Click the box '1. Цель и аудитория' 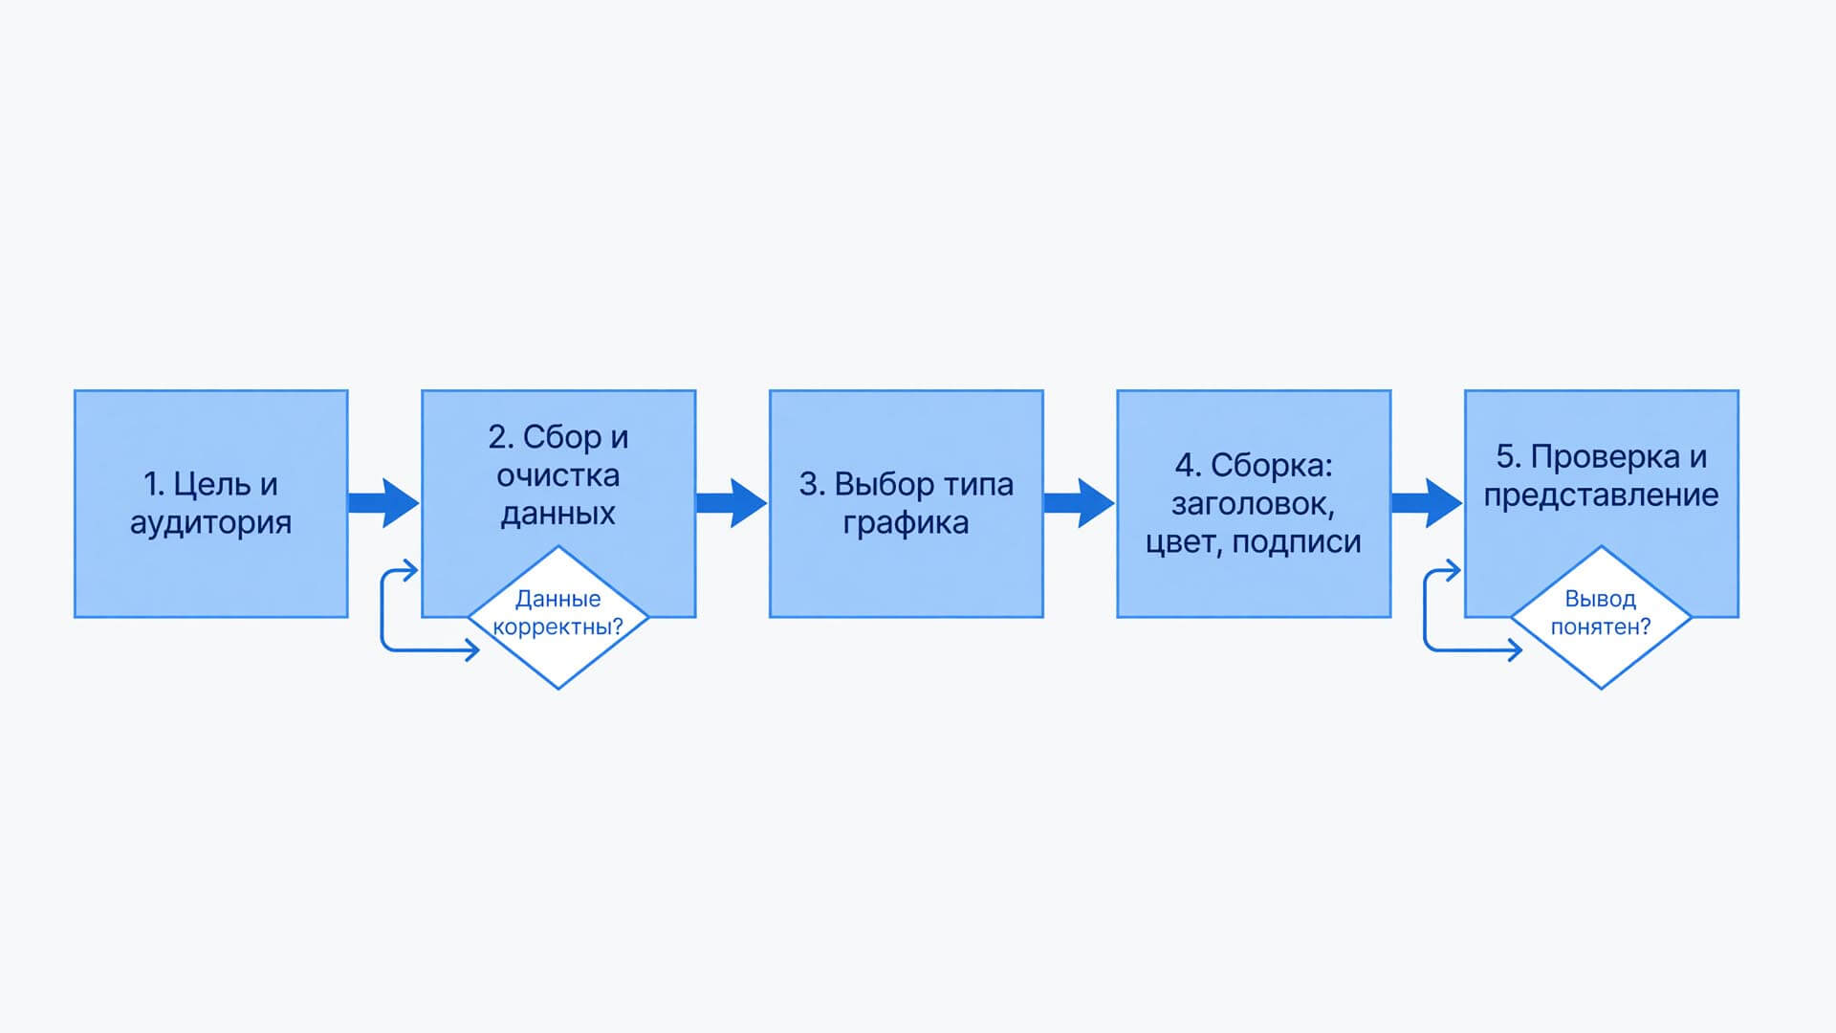tap(211, 503)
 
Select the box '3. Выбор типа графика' tap(907, 503)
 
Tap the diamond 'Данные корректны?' tap(558, 617)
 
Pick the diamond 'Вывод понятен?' tap(1602, 617)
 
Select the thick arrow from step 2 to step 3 tap(732, 503)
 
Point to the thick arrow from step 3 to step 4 tap(1080, 503)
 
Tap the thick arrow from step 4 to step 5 tap(1427, 503)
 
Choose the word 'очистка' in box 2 tap(558, 475)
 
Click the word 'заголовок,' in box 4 tap(1254, 504)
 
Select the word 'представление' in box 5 tap(1602, 495)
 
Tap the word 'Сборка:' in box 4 tap(1272, 466)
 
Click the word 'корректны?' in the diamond tap(558, 627)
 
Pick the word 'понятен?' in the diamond tap(1602, 627)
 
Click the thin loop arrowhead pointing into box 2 tap(410, 571)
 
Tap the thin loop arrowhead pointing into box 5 tap(1453, 571)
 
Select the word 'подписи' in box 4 tap(1297, 542)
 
